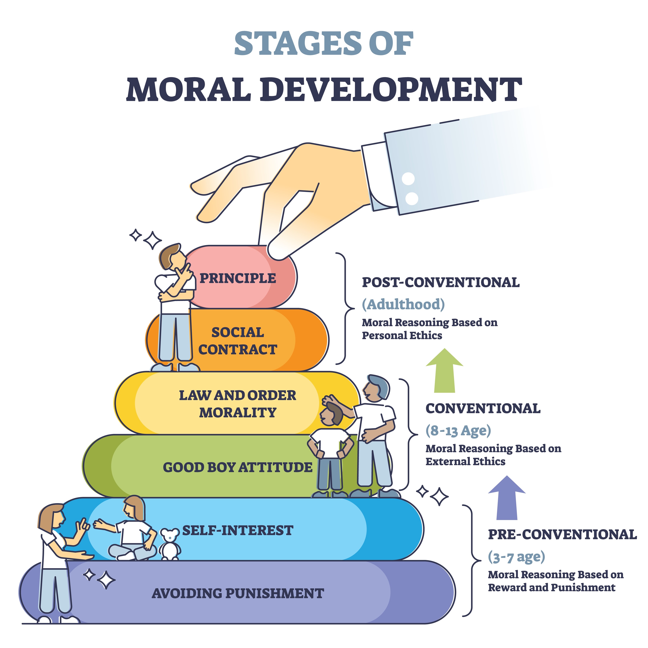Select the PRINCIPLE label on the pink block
[238, 278]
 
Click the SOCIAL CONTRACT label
[238, 341]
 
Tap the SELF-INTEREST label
[238, 530]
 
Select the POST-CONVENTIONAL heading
[441, 282]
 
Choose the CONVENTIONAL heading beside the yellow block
[483, 409]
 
